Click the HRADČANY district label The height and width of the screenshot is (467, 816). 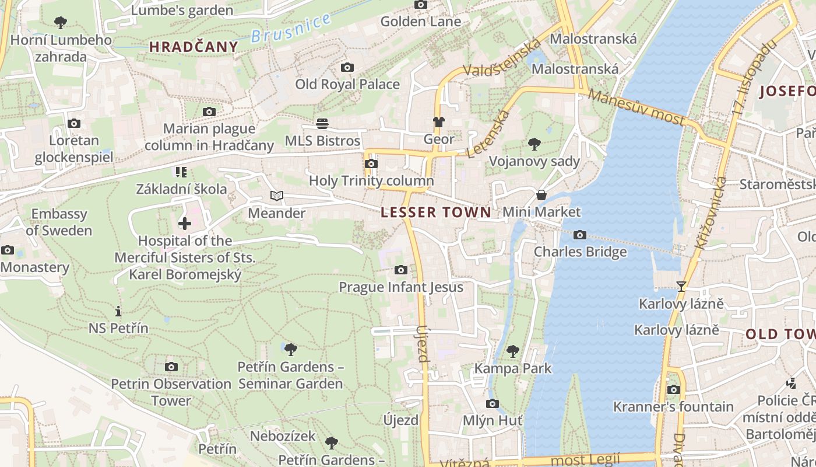tap(194, 47)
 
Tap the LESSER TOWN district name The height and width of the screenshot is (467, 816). tap(436, 212)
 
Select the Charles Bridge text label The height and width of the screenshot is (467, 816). tap(581, 252)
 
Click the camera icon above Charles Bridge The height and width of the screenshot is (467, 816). tap(580, 235)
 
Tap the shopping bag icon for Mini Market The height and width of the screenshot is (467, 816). tap(541, 195)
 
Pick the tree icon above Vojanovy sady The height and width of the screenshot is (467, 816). tap(534, 144)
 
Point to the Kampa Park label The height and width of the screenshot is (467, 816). tap(513, 368)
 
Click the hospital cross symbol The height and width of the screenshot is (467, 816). tap(185, 224)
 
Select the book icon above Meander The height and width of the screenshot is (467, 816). tap(277, 196)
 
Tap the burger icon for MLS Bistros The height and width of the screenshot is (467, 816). tap(322, 123)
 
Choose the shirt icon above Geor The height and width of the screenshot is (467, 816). tap(439, 122)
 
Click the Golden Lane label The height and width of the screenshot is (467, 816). tap(421, 22)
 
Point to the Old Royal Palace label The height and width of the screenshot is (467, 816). tap(347, 84)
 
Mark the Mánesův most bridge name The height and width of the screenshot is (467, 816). tap(636, 107)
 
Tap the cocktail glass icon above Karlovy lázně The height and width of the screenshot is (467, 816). tap(681, 286)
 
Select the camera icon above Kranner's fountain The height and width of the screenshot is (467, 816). tap(673, 389)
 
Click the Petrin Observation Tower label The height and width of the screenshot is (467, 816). tap(171, 392)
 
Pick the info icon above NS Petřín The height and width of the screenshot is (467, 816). tap(118, 311)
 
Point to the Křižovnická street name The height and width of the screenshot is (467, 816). tap(711, 213)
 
